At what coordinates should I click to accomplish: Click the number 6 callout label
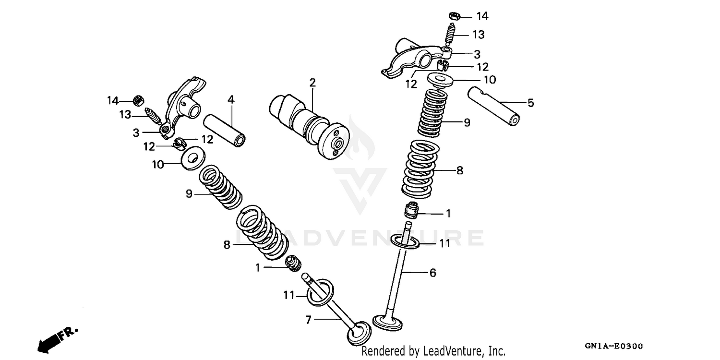[x=432, y=273]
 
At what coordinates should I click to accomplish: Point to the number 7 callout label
[x=309, y=319]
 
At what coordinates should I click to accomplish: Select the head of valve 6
[x=388, y=322]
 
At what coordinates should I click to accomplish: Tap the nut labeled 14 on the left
[x=137, y=101]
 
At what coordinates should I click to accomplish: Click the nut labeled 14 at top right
[x=455, y=16]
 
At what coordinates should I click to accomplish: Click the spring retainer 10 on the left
[x=192, y=158]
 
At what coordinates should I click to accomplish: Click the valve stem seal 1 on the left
[x=292, y=264]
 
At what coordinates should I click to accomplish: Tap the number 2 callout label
[x=312, y=83]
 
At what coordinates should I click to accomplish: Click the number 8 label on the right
[x=459, y=170]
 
